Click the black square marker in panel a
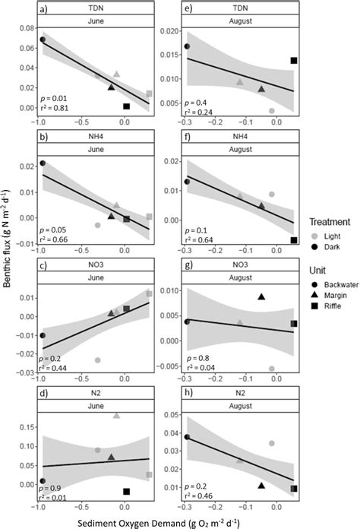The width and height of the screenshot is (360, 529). tap(127, 106)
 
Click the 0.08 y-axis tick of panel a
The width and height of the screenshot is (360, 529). tap(23, 28)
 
